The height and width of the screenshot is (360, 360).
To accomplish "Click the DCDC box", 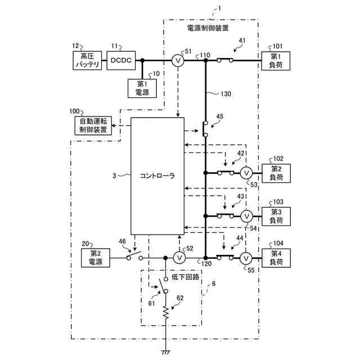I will (121, 60).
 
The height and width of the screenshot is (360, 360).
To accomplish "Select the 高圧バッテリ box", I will (87, 60).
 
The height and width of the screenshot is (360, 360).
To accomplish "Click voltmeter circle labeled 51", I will (177, 60).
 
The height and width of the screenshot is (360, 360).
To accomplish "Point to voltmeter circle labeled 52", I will (179, 258).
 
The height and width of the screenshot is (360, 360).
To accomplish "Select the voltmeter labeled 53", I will (245, 173).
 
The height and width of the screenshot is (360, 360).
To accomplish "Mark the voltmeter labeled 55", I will (245, 258).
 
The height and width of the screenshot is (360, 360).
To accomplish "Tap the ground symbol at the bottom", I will (166, 353).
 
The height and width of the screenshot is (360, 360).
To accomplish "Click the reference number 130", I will (215, 94).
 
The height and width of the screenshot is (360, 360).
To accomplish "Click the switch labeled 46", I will (134, 257).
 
